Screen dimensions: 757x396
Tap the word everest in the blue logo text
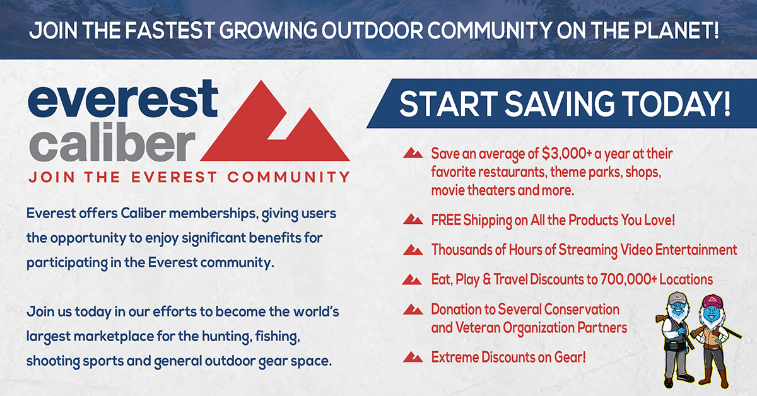point(122,98)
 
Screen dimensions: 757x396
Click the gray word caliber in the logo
point(112,141)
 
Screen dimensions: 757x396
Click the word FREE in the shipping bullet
point(446,220)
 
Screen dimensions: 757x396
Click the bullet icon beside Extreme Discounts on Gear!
point(413,357)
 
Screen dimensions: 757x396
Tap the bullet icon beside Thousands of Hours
point(413,250)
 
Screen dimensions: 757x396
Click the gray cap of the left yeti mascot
point(678,298)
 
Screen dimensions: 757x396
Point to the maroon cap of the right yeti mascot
point(712,300)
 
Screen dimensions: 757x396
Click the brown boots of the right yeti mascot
point(713,378)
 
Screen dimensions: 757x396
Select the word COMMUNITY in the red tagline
point(288,177)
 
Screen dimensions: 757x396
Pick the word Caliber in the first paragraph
point(143,213)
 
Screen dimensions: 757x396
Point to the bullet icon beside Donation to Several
point(413,309)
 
